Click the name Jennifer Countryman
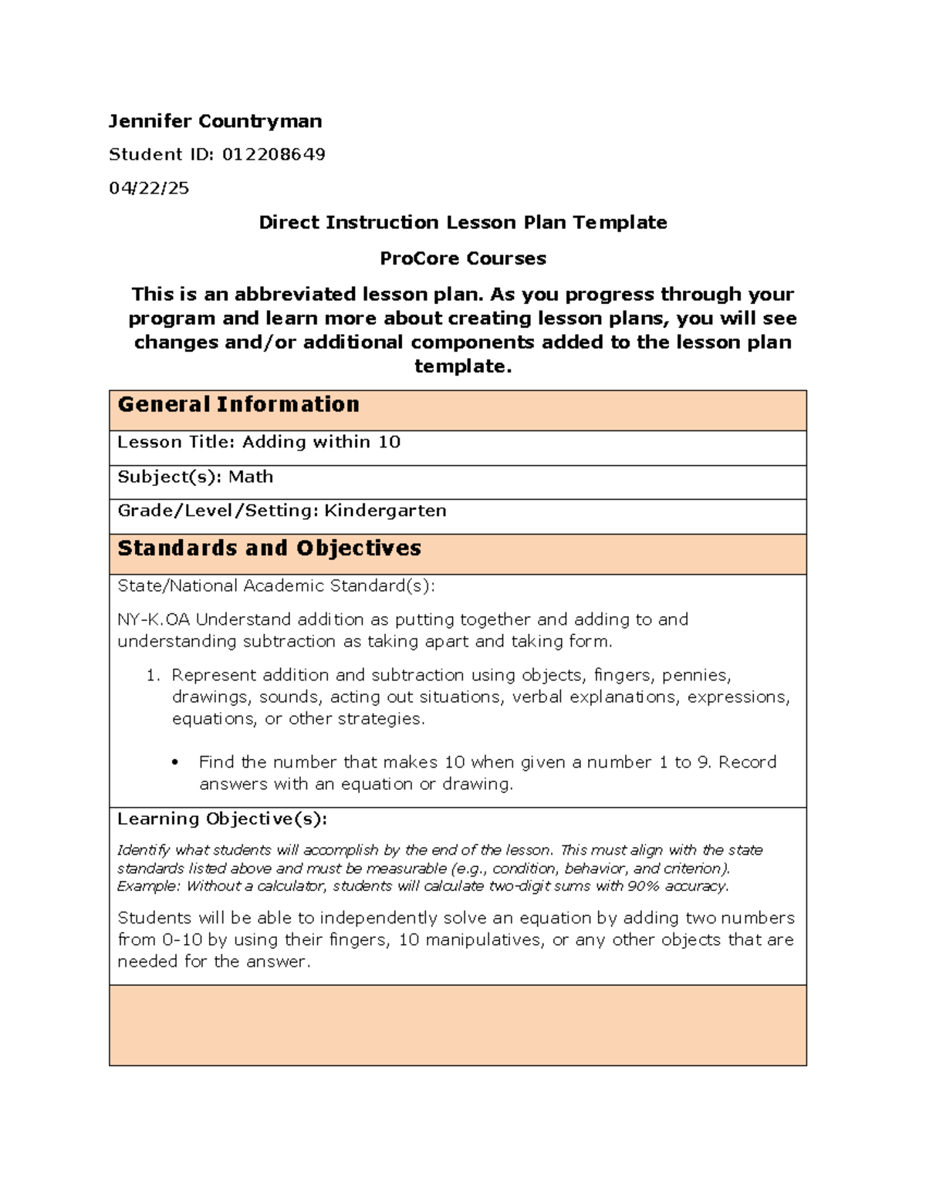point(215,121)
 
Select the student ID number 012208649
point(273,154)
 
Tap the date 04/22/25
point(149,188)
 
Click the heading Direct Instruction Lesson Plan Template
point(462,223)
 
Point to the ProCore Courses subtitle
point(462,258)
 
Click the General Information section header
point(238,405)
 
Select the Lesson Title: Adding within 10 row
point(259,442)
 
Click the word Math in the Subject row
point(251,477)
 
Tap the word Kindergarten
point(385,511)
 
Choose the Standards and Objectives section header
point(269,548)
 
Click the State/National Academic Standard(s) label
point(275,586)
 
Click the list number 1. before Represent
point(153,676)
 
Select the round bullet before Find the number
point(176,763)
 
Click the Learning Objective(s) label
point(221,818)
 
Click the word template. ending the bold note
point(462,366)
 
